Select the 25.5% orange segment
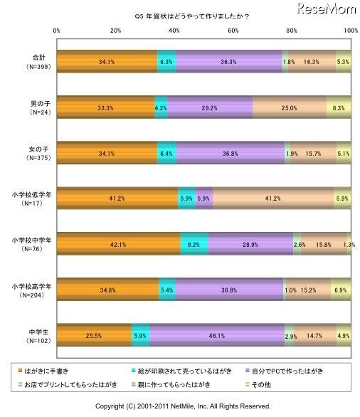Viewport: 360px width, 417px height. coord(94,334)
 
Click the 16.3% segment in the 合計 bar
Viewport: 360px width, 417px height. coord(312,61)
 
